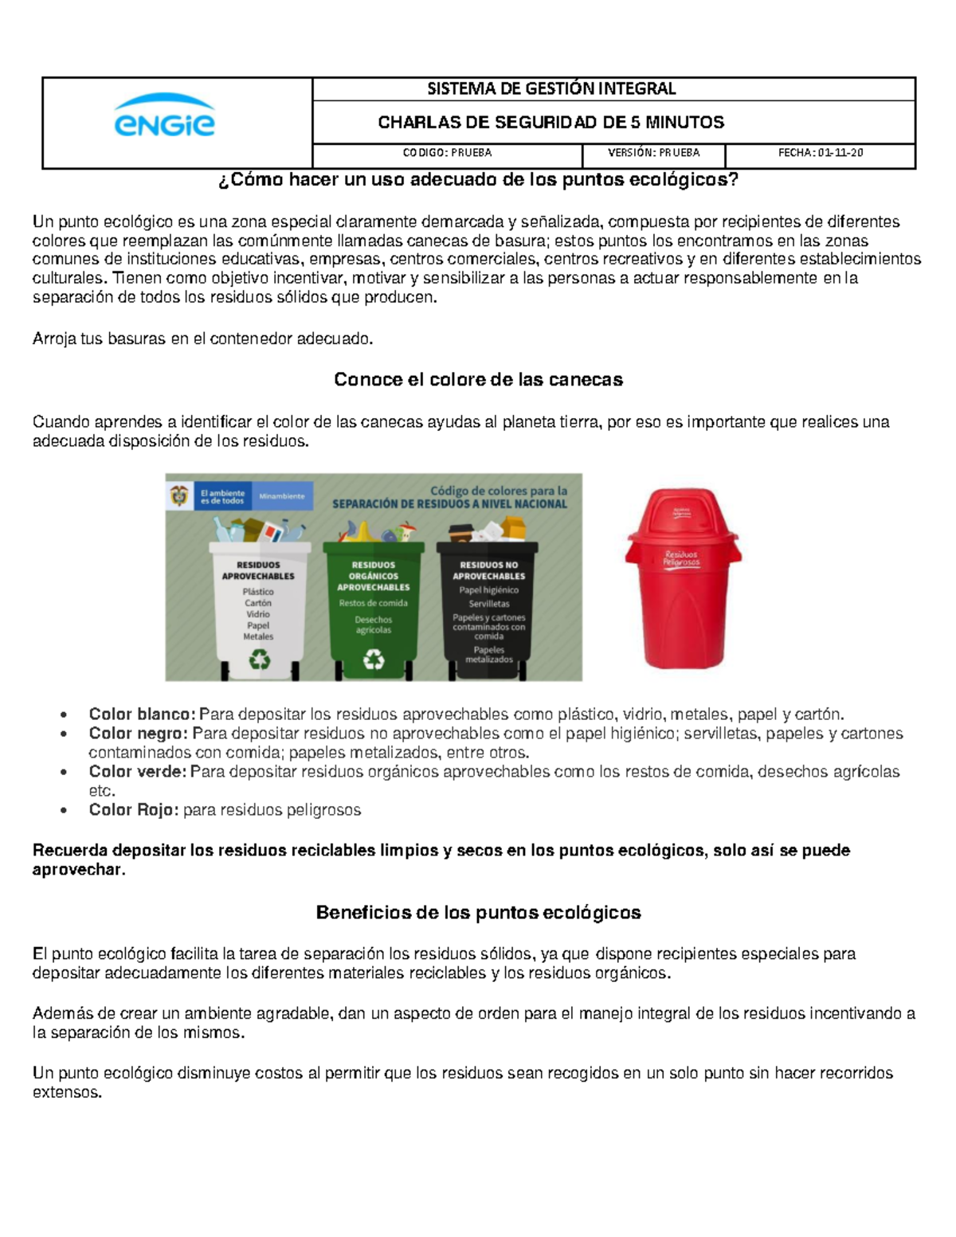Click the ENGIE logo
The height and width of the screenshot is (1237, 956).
(165, 116)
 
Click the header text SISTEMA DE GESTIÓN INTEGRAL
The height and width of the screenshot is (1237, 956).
(551, 88)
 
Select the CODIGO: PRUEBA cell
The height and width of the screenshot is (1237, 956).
(447, 152)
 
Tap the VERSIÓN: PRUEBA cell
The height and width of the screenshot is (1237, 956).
(653, 152)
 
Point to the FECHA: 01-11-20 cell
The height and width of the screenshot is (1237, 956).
(820, 152)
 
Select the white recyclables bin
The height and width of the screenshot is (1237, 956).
(259, 609)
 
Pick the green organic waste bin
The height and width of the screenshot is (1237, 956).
(374, 609)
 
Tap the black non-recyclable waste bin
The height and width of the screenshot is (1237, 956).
(488, 609)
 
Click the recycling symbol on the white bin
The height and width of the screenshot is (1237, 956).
(260, 659)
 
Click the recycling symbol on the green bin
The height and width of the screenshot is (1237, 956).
(374, 659)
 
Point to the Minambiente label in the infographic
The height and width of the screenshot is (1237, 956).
(282, 496)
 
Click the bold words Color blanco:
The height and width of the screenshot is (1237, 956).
(142, 714)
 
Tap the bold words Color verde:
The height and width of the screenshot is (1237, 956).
(137, 771)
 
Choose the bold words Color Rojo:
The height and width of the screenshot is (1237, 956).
(134, 809)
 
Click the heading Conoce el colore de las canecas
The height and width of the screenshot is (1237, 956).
(478, 379)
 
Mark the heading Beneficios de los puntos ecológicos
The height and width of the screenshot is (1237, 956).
(478, 912)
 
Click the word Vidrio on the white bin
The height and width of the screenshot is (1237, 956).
(258, 614)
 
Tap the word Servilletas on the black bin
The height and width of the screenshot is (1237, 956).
(489, 604)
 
